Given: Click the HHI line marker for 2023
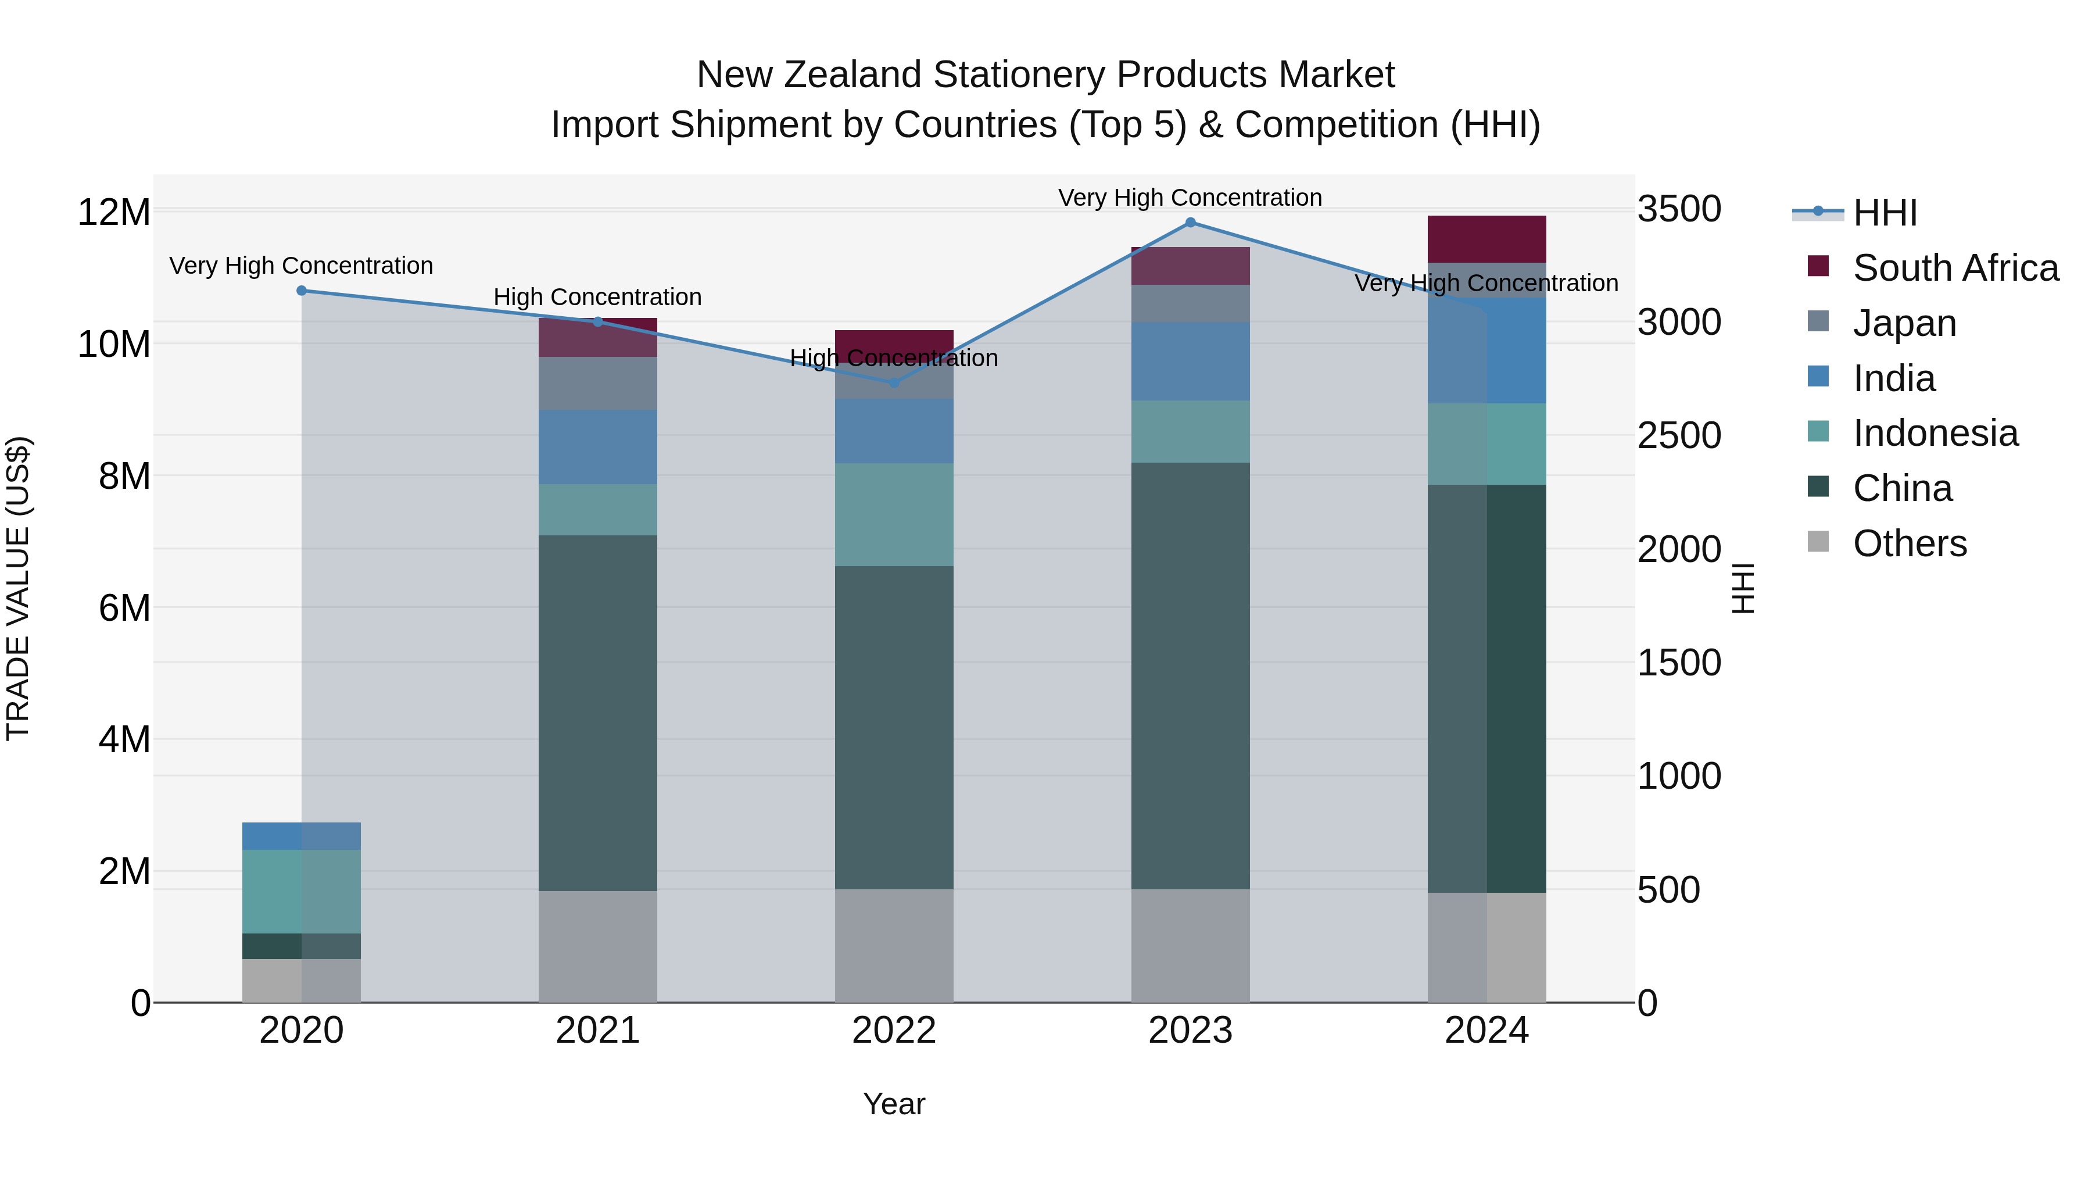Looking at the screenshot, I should click(1191, 223).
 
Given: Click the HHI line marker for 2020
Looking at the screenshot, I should click(301, 291).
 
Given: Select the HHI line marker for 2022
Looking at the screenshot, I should click(894, 382).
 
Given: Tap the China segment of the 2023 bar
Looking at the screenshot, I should click(1191, 676).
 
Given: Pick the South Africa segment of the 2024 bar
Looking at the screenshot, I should click(1487, 239).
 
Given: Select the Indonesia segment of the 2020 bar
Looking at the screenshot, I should click(301, 891).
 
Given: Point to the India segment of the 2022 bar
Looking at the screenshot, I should click(894, 431).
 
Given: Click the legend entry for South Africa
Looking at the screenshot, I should click(1955, 268).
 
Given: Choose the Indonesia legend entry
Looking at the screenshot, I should click(1935, 433).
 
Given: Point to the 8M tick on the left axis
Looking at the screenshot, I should click(124, 476).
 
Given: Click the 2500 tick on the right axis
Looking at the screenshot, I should click(1678, 436).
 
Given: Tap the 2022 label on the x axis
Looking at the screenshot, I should click(894, 1031).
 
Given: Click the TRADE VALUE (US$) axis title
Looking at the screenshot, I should click(18, 588).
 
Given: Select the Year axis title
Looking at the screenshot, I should click(894, 1104).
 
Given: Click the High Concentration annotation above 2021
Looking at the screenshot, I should click(598, 297).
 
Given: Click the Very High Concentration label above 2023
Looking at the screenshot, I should click(1191, 198).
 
